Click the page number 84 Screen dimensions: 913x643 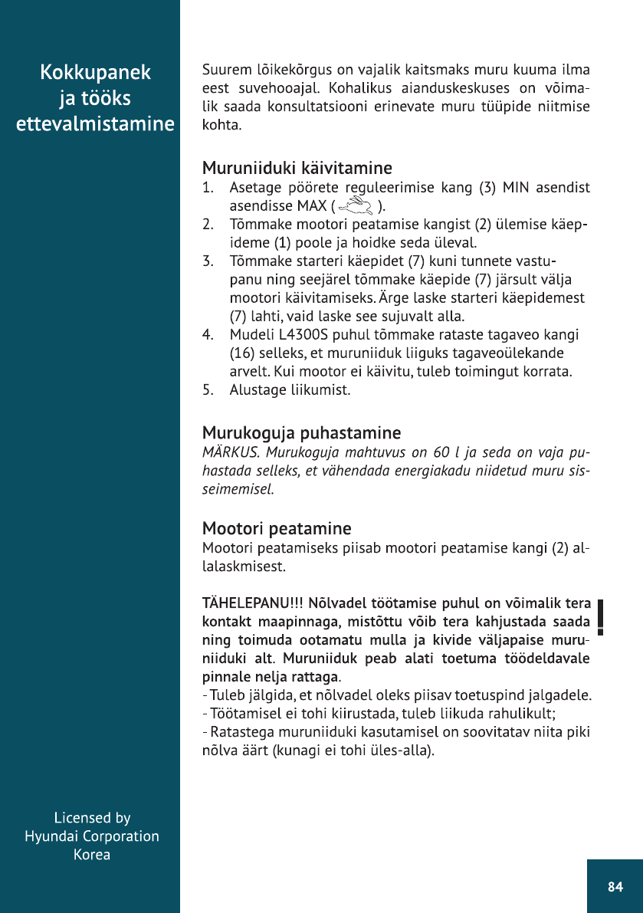615,887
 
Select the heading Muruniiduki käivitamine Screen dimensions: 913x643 297,167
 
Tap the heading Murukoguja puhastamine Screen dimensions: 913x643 301,433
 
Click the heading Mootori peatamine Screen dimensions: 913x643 277,528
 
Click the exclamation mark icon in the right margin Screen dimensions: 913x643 602,618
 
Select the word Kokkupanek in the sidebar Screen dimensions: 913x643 95,73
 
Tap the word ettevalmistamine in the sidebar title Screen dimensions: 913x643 95,123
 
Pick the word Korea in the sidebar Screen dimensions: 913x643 92,855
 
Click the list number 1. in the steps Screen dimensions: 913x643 207,188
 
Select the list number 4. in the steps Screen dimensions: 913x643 207,335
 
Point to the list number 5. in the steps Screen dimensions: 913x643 207,390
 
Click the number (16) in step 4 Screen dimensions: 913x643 244,353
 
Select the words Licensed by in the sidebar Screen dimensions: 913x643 92,818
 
